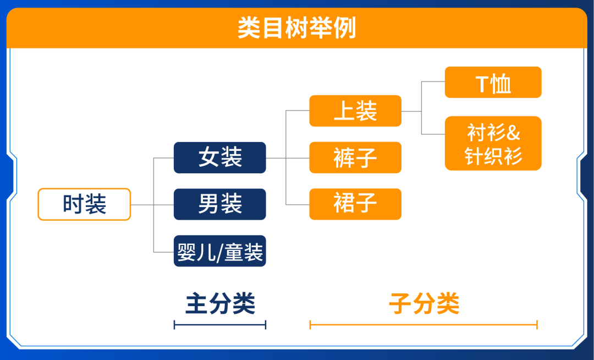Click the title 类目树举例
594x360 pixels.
297,28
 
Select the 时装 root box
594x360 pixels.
84,204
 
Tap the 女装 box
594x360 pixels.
220,158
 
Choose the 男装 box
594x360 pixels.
220,204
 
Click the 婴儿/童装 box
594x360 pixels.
220,252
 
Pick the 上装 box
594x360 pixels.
355,111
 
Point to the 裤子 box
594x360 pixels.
355,158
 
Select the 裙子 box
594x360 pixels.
355,204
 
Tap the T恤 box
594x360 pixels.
493,83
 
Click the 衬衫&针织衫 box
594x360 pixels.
493,144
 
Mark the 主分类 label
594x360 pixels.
220,303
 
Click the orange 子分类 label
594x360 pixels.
424,303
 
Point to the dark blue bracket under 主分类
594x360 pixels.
220,325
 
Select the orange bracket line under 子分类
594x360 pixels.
424,325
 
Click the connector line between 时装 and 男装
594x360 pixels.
163,205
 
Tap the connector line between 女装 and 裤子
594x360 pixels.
297,158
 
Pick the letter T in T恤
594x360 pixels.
482,83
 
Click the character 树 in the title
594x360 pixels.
297,28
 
